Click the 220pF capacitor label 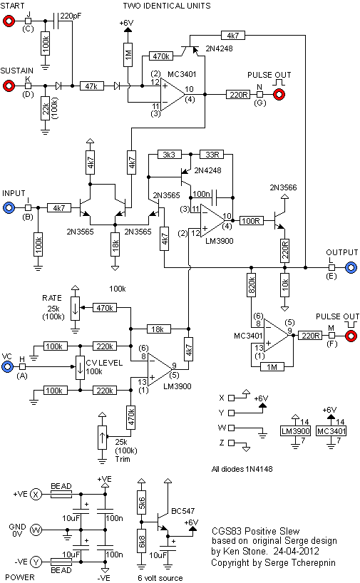point(71,16)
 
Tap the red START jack point(9,21)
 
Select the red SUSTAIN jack point(9,86)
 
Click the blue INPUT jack point(9,207)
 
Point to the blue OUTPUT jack point(351,267)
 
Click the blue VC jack point(7,367)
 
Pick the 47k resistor point(91,86)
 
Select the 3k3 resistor point(169,154)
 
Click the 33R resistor point(212,154)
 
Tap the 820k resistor point(252,285)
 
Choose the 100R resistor point(251,221)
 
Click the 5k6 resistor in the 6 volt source point(141,503)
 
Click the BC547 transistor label point(183,511)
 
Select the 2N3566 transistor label point(284,187)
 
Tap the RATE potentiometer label point(52,298)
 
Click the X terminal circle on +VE point(36,494)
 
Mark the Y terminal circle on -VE point(36,562)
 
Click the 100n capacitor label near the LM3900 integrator point(201,194)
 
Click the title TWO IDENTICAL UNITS point(167,6)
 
